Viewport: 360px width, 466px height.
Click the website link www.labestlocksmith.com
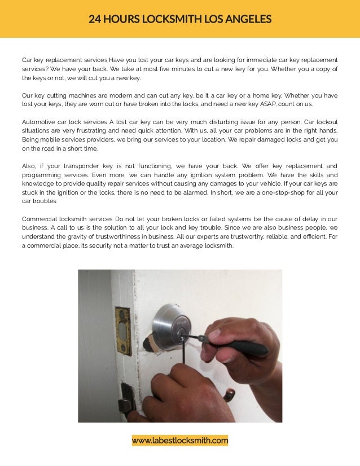[180, 441]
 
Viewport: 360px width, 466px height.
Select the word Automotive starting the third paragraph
[42, 122]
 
